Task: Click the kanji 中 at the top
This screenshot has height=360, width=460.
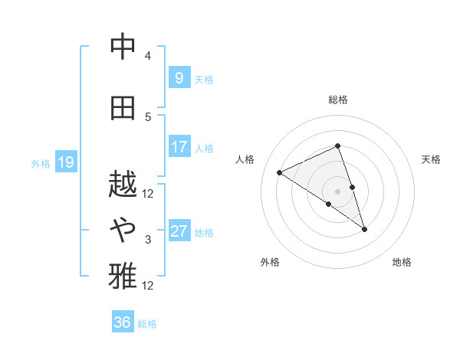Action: tap(123, 47)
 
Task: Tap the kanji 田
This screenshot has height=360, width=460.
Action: tap(123, 107)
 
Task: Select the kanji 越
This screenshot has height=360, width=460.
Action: tap(123, 184)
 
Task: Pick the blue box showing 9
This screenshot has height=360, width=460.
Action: tap(179, 78)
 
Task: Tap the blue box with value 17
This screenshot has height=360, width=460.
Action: tap(179, 147)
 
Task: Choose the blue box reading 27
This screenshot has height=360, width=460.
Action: tap(179, 231)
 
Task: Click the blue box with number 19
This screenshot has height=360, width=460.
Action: tap(65, 162)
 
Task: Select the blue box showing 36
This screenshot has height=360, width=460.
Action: tap(123, 322)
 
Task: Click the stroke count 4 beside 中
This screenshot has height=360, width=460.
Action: tap(148, 56)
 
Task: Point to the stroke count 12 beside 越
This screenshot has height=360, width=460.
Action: tap(148, 193)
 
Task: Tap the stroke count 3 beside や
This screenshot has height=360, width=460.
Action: tap(148, 240)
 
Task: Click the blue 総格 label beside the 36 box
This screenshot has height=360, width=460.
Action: tap(147, 324)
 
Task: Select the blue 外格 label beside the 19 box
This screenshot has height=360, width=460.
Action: tap(41, 163)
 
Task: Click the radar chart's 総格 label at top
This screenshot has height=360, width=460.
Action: tap(338, 100)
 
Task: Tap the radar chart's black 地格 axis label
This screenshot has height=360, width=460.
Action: tap(402, 262)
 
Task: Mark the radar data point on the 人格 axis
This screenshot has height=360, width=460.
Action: tap(280, 173)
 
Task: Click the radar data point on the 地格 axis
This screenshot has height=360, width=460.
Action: tap(365, 229)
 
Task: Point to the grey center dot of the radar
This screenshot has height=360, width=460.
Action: tap(338, 191)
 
